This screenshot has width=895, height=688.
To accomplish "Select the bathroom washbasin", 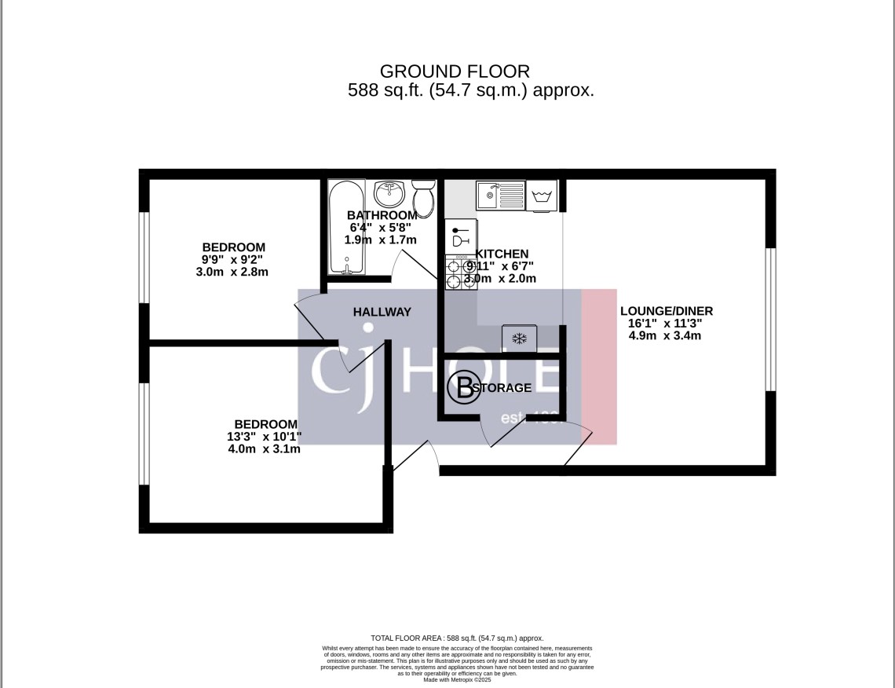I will (x=389, y=192).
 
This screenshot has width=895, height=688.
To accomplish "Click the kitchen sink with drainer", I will (x=499, y=196).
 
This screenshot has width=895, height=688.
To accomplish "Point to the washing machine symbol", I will (x=542, y=196).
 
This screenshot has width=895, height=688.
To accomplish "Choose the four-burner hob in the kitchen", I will (x=461, y=273).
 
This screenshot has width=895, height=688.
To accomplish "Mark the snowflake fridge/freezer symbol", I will (x=518, y=339).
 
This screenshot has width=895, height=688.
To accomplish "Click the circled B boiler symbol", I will (x=463, y=386).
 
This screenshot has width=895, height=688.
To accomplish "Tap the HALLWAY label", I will (x=382, y=312).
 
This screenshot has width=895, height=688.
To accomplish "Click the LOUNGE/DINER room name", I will (x=665, y=311).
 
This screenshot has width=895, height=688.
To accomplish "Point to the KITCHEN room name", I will (x=502, y=254).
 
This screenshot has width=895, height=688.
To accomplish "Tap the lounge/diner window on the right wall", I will (x=771, y=320).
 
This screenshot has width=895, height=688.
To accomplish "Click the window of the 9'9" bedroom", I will (x=144, y=257).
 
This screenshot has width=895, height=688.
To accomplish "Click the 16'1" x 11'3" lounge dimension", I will (x=665, y=324).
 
